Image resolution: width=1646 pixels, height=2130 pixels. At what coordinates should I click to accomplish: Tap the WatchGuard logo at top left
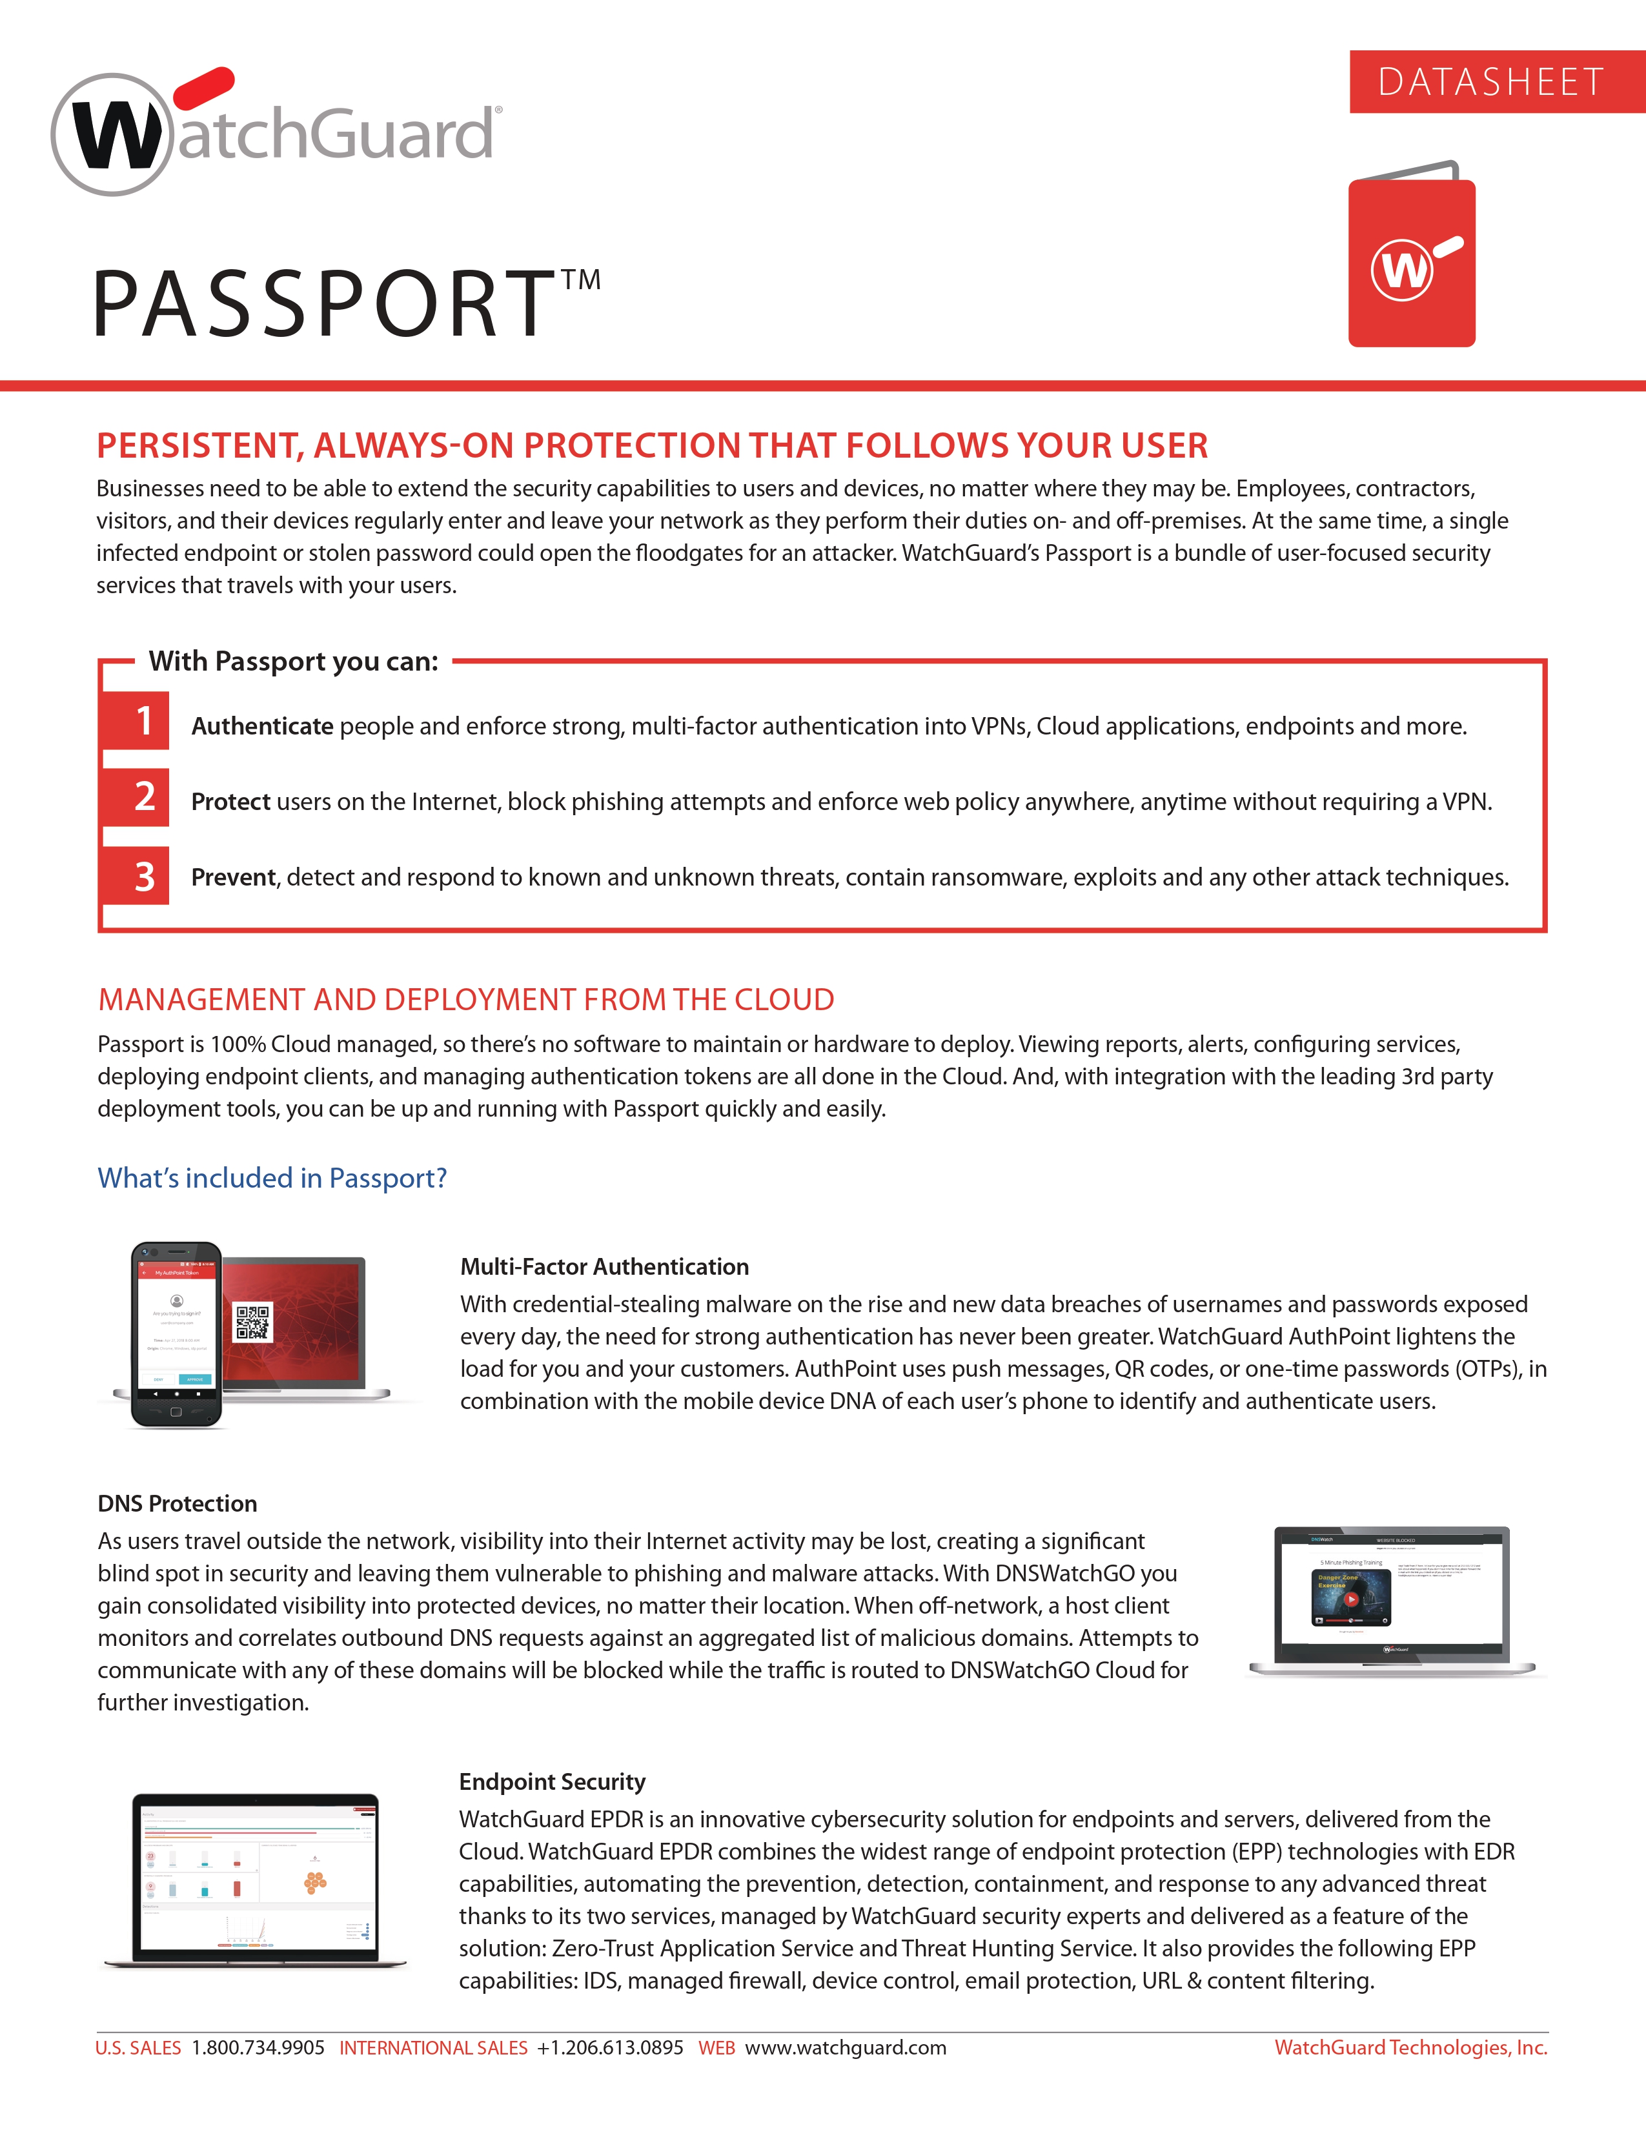pyautogui.click(x=276, y=132)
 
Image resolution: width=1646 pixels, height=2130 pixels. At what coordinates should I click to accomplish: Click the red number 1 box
pyautogui.click(x=145, y=721)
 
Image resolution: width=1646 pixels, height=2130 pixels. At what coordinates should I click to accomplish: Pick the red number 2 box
pyautogui.click(x=145, y=796)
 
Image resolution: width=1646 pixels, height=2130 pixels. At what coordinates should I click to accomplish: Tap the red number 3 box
pyautogui.click(x=145, y=876)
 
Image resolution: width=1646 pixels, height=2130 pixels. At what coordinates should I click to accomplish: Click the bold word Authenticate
pyautogui.click(x=261, y=727)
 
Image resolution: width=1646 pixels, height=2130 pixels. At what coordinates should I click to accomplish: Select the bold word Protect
pyautogui.click(x=230, y=802)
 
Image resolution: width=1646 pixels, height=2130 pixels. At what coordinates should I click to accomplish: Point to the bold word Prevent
pyautogui.click(x=233, y=878)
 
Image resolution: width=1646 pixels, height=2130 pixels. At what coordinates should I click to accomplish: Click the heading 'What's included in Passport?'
pyautogui.click(x=272, y=1178)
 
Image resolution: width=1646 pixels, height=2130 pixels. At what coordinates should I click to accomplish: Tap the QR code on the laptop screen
pyautogui.click(x=252, y=1323)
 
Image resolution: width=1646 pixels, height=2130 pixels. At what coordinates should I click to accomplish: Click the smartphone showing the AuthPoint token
pyautogui.click(x=176, y=1334)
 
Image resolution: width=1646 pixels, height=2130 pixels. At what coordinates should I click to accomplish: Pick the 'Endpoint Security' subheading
pyautogui.click(x=552, y=1782)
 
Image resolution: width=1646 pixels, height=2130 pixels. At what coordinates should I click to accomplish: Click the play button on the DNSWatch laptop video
pyautogui.click(x=1352, y=1599)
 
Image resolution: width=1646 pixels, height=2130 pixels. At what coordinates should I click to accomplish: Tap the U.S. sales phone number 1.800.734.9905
pyautogui.click(x=258, y=2048)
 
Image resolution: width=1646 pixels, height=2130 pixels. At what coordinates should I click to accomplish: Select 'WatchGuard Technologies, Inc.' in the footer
pyautogui.click(x=1410, y=2048)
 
